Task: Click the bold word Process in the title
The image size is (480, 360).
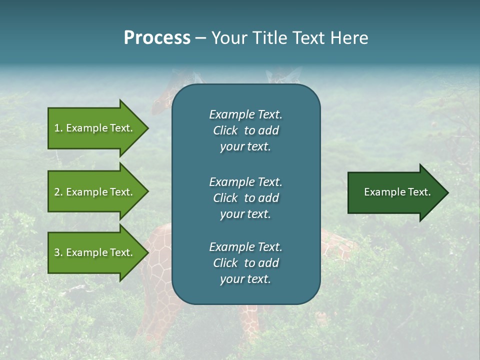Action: [157, 38]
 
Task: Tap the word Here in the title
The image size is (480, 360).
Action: [349, 38]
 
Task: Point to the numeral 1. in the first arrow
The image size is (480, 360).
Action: [58, 128]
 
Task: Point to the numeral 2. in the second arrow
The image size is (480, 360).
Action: [58, 192]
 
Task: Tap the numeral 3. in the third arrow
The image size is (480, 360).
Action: [58, 252]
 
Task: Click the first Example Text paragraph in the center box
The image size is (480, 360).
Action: [245, 130]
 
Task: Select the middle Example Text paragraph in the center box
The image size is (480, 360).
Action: [245, 197]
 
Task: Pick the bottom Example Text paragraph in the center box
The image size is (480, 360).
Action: [245, 262]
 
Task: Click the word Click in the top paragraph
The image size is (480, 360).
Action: [225, 130]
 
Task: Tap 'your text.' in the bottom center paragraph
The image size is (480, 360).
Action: [245, 279]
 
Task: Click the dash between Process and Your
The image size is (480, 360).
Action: [200, 38]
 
